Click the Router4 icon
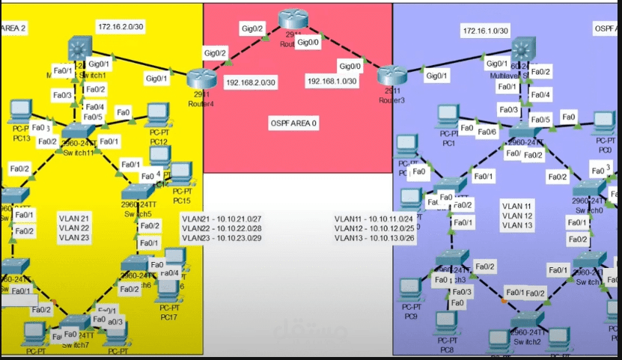click(200, 77)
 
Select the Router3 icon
click(390, 74)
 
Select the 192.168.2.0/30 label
click(251, 82)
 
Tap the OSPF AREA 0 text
click(293, 121)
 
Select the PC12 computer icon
click(157, 115)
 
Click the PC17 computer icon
click(168, 288)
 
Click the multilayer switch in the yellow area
click(77, 49)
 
